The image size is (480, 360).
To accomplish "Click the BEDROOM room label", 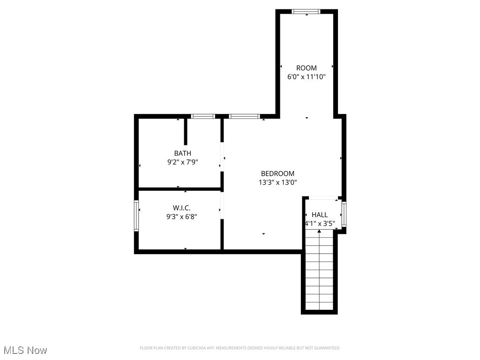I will tap(277, 173).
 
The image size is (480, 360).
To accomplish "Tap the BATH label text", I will tap(182, 153).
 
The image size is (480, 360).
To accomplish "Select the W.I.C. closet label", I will tap(181, 208).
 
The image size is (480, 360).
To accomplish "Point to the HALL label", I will tap(320, 215).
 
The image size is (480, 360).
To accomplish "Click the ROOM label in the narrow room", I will tap(306, 68).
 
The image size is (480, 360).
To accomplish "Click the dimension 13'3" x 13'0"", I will tap(277, 183).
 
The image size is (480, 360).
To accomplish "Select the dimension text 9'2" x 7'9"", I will tap(182, 162).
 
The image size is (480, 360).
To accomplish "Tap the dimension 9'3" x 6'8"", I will tap(181, 217).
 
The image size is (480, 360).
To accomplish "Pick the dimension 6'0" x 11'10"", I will tap(306, 76).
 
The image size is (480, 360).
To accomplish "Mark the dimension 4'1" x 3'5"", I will tap(320, 224).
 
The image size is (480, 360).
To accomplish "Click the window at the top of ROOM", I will tap(306, 11).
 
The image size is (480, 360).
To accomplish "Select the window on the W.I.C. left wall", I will tap(136, 216).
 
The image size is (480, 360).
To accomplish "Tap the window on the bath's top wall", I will tap(203, 116).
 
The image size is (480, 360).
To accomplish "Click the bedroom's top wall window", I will tap(244, 116).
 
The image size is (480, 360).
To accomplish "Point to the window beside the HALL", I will tap(344, 214).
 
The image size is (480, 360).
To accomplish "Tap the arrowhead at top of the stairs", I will tap(319, 232).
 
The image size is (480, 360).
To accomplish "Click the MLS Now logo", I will tap(25, 350).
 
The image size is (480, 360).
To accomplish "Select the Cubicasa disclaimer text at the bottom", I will tap(240, 348).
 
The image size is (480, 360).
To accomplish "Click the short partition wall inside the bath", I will tap(186, 131).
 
